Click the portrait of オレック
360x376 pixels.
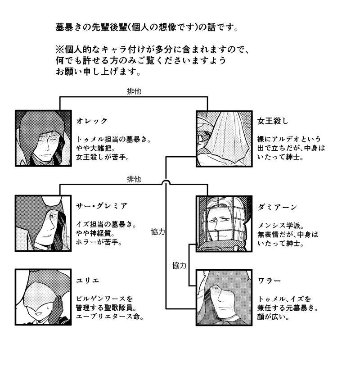[43, 138]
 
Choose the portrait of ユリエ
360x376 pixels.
[43, 297]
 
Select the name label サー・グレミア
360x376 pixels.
[102, 206]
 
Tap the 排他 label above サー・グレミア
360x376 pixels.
[134, 179]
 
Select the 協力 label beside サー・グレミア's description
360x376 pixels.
[158, 232]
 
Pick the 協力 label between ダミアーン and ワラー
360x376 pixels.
[180, 265]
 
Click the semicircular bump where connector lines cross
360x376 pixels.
[166, 182]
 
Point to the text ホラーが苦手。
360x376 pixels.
[99, 243]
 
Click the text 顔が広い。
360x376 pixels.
[274, 317]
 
